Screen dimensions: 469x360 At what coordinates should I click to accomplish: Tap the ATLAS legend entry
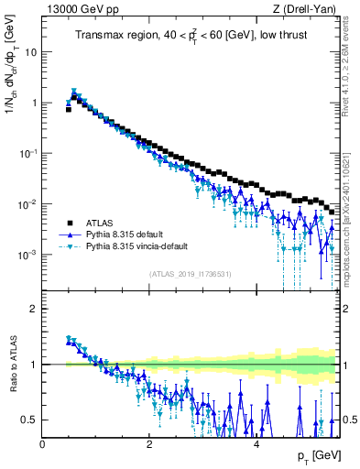click(x=105, y=223)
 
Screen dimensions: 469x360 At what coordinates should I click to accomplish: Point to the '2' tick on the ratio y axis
click(x=35, y=309)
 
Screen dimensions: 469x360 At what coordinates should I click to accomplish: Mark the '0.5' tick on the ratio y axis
click(x=31, y=420)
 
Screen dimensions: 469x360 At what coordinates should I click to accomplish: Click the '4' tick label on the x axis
click(x=256, y=444)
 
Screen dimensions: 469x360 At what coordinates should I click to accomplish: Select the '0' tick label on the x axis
click(x=43, y=444)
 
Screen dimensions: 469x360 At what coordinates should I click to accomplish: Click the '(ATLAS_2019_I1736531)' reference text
click(x=190, y=274)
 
